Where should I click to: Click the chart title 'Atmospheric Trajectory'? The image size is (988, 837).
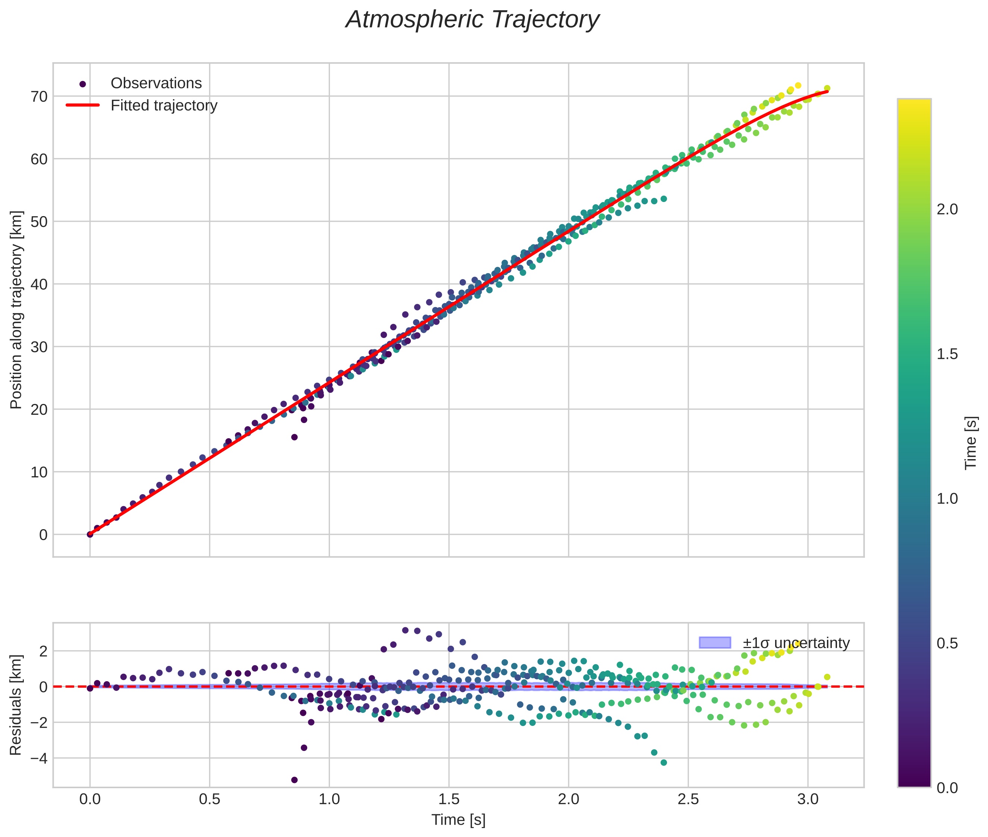click(x=472, y=20)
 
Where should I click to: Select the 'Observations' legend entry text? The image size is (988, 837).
click(x=156, y=83)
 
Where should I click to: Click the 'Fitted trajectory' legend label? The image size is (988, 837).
click(x=164, y=105)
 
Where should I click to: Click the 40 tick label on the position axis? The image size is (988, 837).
click(x=40, y=284)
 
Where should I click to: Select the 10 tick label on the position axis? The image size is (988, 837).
click(x=40, y=472)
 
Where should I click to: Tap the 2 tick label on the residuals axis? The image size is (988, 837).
click(x=44, y=651)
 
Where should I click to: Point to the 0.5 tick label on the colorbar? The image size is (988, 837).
click(x=947, y=644)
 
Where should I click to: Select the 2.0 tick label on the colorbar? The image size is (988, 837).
click(x=947, y=209)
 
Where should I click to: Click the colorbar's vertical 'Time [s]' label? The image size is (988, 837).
click(x=971, y=443)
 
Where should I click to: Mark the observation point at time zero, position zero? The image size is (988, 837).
click(x=90, y=534)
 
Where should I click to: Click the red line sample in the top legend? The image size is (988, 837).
click(x=83, y=105)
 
